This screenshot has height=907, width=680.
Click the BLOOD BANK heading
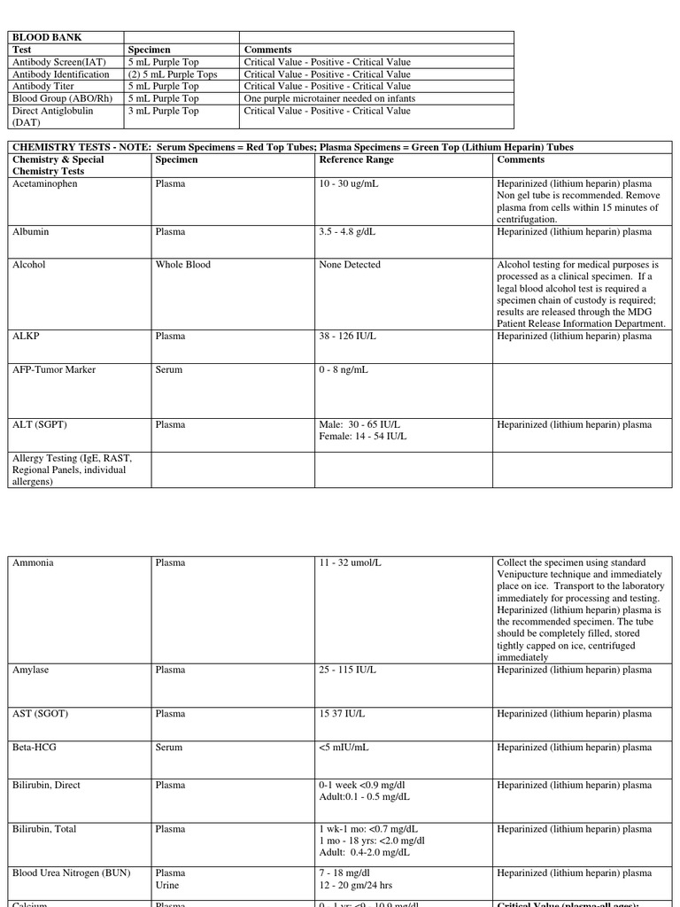tap(41, 37)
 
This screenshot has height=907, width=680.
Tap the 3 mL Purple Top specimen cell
tap(164, 112)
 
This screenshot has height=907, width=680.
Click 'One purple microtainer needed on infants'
tap(329, 99)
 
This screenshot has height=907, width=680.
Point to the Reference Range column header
tap(356, 160)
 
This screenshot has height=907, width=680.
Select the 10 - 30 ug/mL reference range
tap(350, 184)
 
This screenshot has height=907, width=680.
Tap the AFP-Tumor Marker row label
tap(54, 370)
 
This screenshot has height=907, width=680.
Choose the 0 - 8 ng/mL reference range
tap(344, 370)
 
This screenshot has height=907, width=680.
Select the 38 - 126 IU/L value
tap(347, 337)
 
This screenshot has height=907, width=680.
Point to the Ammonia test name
tap(33, 563)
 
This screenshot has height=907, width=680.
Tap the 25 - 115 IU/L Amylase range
tap(347, 671)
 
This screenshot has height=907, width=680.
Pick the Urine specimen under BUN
tap(168, 886)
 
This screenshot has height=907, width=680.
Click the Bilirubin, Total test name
tap(44, 830)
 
